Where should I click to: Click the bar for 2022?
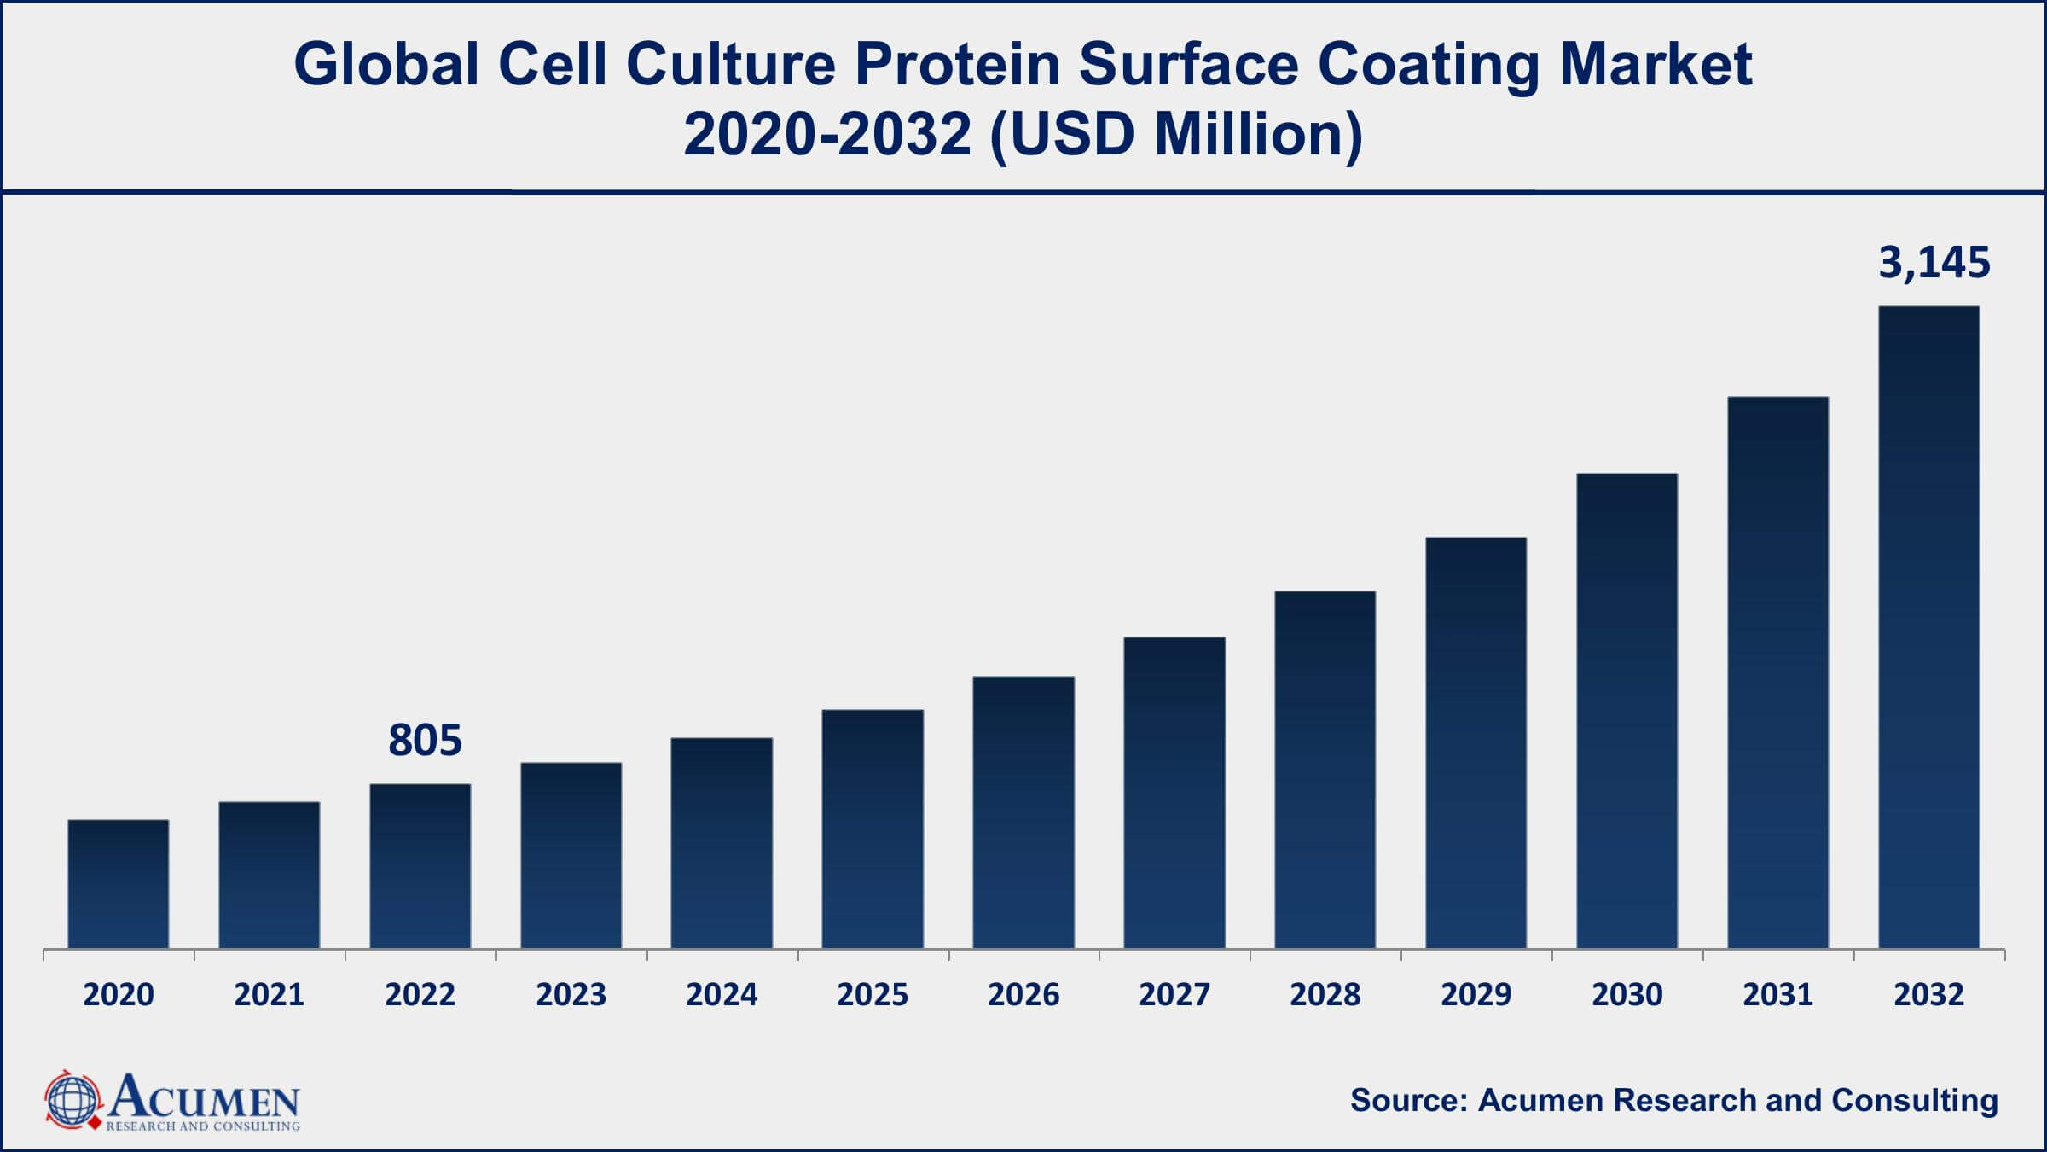420,865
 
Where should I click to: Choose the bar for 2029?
1476,742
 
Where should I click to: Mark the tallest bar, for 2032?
1928,627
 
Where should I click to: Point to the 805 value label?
425,741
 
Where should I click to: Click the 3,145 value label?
1934,263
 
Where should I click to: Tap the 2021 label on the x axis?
269,995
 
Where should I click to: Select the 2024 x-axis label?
722,995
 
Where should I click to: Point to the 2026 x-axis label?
1023,995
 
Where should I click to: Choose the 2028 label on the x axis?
1325,995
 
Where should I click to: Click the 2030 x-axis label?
1627,995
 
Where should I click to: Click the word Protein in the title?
956,65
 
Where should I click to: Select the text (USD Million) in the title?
1176,135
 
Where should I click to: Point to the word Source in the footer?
1406,1100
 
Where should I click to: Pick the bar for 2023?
571,855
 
